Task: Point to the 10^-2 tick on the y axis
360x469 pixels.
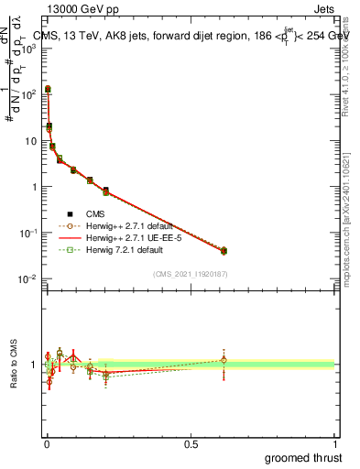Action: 28,278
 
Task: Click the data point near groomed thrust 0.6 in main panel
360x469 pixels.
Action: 224,250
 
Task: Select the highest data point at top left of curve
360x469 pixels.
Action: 48,90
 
